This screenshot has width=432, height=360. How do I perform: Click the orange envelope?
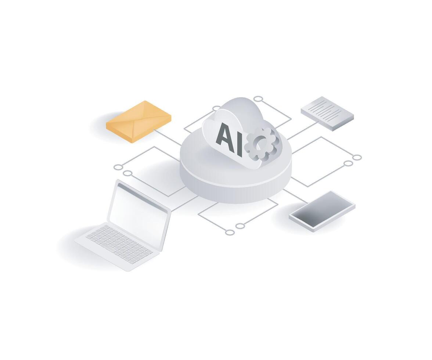tap(138, 122)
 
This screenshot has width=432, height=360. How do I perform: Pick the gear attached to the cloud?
tap(261, 144)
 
